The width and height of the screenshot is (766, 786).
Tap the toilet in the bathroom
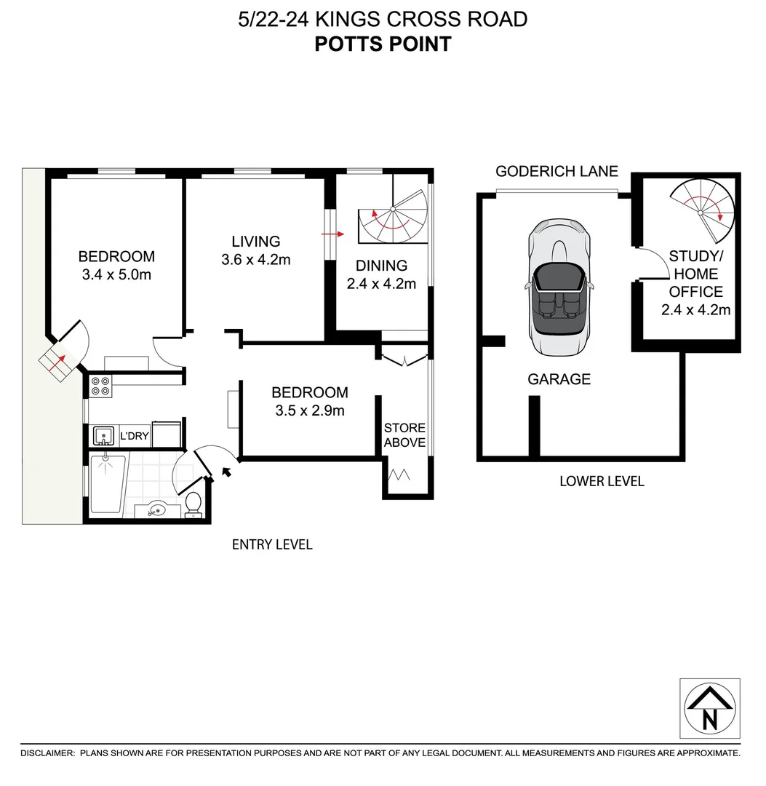(x=194, y=504)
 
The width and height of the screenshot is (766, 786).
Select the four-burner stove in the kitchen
(x=101, y=386)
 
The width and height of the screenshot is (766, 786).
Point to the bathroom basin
(x=155, y=509)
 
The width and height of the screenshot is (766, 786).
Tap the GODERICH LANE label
(x=556, y=172)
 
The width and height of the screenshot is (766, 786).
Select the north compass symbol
(x=709, y=709)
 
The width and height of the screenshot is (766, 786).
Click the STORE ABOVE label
(x=404, y=435)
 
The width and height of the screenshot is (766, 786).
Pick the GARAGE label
(x=559, y=379)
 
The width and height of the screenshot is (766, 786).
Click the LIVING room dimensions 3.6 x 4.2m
(x=255, y=259)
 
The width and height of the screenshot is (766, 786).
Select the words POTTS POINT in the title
(x=383, y=44)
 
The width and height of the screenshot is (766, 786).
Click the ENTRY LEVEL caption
(x=271, y=544)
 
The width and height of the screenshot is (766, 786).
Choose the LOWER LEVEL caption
(x=602, y=481)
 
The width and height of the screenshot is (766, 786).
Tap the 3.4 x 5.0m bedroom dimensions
(x=116, y=274)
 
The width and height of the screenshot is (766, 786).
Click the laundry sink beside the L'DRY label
(x=104, y=436)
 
